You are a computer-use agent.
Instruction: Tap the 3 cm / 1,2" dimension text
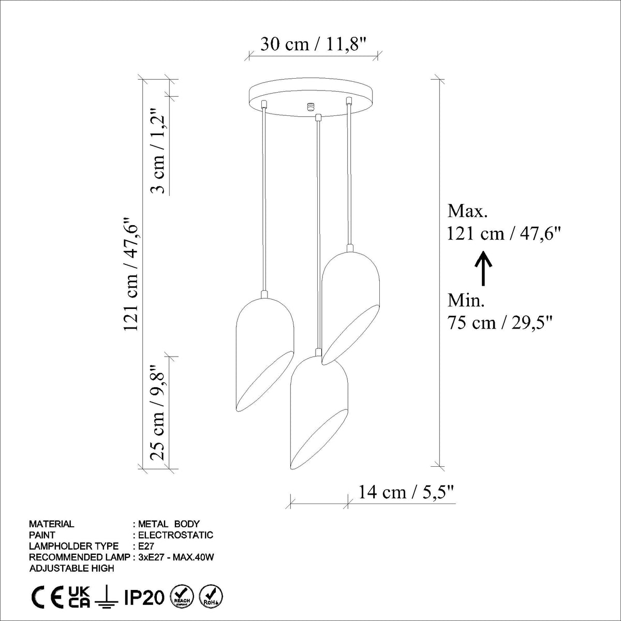[x=158, y=151]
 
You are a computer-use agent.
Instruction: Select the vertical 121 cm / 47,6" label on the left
[x=131, y=274]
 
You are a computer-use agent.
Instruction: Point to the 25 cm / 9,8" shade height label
[x=158, y=413]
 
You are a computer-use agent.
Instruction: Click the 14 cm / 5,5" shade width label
[x=406, y=492]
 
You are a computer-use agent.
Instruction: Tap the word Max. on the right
[x=467, y=212]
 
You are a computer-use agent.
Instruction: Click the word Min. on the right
[x=466, y=301]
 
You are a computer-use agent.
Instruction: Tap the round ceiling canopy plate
[x=312, y=97]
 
